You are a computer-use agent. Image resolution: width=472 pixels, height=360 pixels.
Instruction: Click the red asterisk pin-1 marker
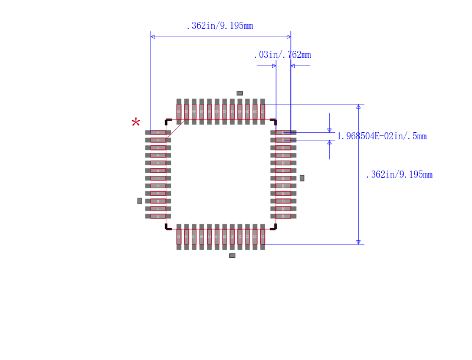click(x=136, y=123)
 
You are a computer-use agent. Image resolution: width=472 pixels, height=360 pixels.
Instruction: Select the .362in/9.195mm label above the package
click(x=219, y=26)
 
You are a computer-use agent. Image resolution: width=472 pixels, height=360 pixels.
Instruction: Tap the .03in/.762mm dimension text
click(x=282, y=55)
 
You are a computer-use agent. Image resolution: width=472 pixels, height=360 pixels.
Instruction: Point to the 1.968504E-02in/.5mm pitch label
click(x=381, y=136)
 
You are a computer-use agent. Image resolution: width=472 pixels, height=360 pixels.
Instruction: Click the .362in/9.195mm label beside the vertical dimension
click(x=399, y=175)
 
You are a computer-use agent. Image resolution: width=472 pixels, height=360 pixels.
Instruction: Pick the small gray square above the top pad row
click(x=240, y=93)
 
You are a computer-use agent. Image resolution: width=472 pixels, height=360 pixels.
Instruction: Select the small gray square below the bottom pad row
click(x=232, y=256)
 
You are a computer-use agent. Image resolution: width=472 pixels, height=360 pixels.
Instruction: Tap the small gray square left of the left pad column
click(x=139, y=201)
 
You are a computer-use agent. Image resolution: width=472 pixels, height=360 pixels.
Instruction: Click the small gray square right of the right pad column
click(x=302, y=178)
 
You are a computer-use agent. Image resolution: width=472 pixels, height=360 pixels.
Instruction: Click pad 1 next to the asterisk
click(x=158, y=132)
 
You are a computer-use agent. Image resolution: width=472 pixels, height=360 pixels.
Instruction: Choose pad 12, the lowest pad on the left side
click(x=158, y=217)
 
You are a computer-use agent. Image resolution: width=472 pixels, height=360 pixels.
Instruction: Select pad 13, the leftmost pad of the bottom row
click(x=179, y=237)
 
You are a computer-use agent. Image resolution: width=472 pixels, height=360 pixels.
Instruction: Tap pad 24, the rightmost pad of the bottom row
click(x=263, y=237)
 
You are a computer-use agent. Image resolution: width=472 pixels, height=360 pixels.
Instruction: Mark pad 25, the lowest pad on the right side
click(x=283, y=217)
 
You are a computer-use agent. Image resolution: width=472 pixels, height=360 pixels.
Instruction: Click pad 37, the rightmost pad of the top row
click(x=263, y=112)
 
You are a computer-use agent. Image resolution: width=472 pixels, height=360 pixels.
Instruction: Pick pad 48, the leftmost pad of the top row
click(x=179, y=112)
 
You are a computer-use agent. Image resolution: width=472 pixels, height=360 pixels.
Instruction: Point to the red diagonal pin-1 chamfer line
click(x=176, y=129)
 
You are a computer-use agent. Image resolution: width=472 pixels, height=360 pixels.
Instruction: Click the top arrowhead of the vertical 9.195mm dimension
click(x=358, y=107)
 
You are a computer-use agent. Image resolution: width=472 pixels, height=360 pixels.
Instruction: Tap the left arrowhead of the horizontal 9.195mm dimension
click(x=153, y=37)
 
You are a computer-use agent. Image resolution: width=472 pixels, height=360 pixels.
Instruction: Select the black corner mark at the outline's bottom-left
click(x=168, y=227)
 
